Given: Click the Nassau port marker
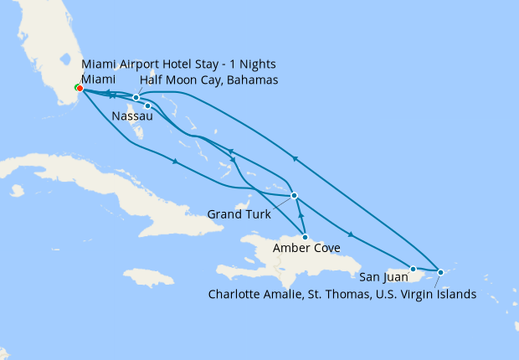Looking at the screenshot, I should tap(147, 105).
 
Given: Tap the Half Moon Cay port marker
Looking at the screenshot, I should tap(136, 98).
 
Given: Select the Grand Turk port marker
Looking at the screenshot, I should tap(294, 196).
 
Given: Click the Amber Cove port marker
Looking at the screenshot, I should tap(305, 237).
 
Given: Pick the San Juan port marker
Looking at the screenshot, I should tap(413, 269).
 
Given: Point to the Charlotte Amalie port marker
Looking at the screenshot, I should tap(440, 272).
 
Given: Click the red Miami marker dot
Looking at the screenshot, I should tap(79, 88).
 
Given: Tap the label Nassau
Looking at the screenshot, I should tap(131, 117).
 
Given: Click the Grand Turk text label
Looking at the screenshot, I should tap(239, 214).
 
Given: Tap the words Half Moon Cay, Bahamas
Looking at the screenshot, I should tap(209, 80).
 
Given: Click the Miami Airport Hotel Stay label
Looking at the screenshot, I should tap(178, 64).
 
